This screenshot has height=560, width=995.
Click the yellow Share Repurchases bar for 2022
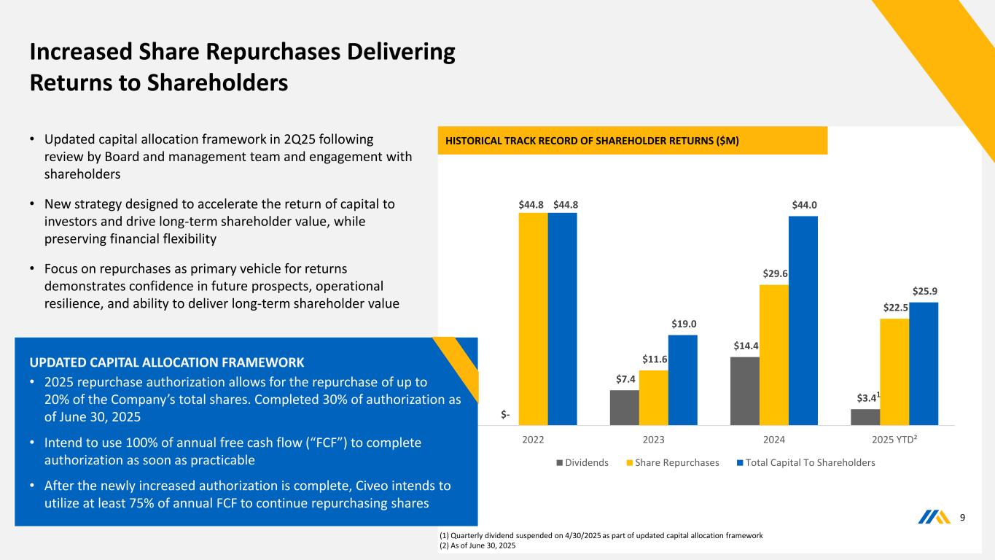[x=533, y=319]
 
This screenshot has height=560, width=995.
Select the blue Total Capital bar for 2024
[x=803, y=320]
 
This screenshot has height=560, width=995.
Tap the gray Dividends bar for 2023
[x=624, y=407]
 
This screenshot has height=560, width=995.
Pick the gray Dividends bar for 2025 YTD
[x=865, y=417]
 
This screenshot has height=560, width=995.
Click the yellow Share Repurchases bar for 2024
[x=773, y=354]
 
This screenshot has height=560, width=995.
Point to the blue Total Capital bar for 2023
[x=682, y=380]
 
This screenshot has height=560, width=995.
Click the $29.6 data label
[x=774, y=273]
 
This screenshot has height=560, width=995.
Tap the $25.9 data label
[x=924, y=291]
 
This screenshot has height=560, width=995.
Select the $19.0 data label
[x=683, y=324]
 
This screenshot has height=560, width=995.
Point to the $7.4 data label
[x=624, y=379]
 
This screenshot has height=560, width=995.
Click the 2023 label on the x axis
[x=653, y=440]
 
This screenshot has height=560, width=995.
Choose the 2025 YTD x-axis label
[x=895, y=440]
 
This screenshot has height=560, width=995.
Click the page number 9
[x=963, y=518]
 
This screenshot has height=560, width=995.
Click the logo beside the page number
[x=934, y=518]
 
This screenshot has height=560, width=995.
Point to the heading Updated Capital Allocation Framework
[x=167, y=362]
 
